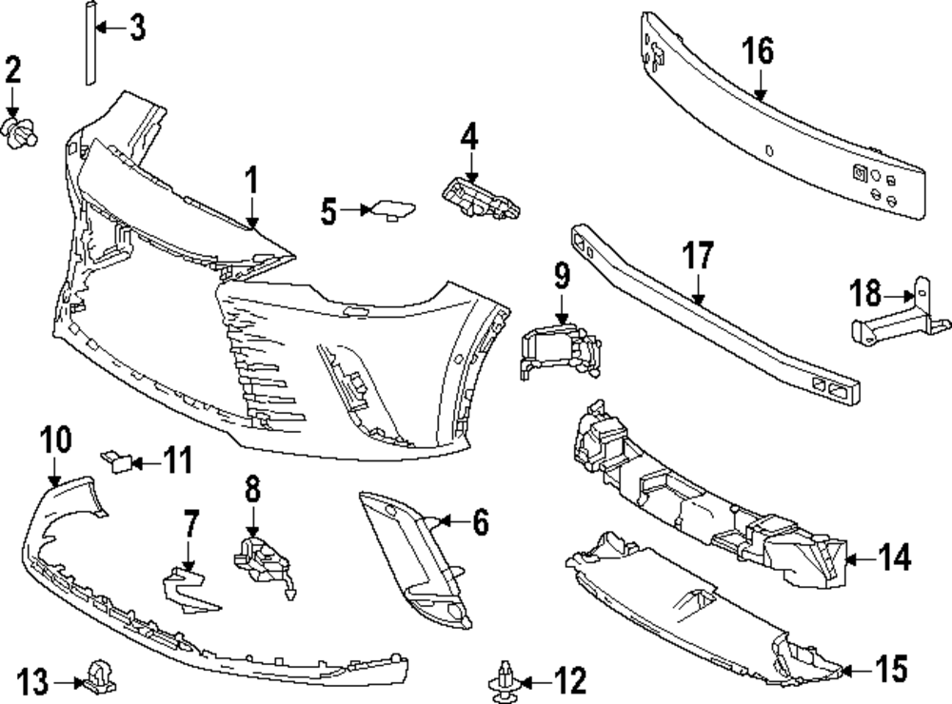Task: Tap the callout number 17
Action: pos(698,257)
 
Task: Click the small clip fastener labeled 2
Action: pos(21,132)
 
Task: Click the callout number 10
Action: pos(56,440)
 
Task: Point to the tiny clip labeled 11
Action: pos(121,462)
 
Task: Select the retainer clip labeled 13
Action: pos(98,677)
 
